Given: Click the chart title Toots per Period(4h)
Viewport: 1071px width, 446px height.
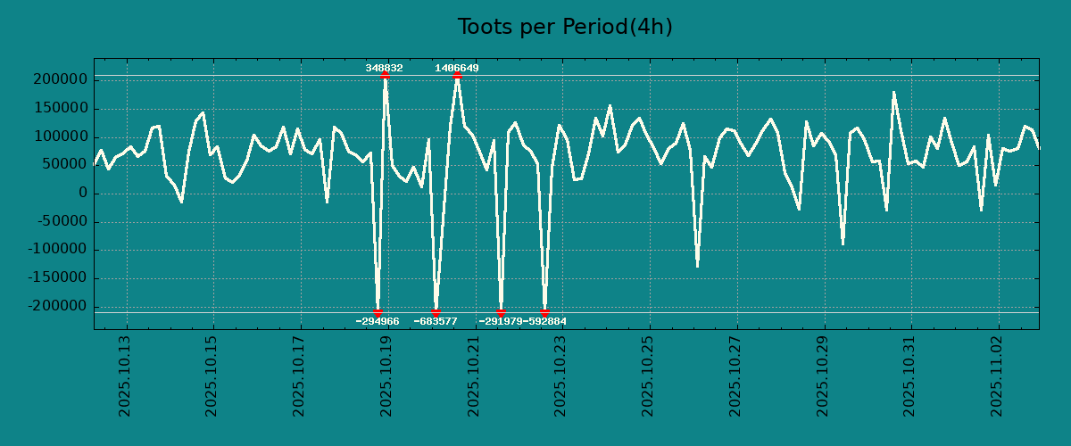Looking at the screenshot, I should click(x=565, y=28).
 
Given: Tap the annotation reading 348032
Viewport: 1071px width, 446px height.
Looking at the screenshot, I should click(x=384, y=68).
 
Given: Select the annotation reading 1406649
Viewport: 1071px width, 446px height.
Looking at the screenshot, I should click(x=457, y=68).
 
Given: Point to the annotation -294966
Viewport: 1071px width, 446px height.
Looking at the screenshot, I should click(x=378, y=321).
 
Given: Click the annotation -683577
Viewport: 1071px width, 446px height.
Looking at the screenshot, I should click(x=436, y=321).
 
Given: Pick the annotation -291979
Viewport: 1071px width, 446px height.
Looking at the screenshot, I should click(x=501, y=321).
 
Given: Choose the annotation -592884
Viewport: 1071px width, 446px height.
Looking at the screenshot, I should click(x=544, y=321).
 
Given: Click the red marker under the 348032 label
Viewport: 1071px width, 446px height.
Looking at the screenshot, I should click(x=385, y=76).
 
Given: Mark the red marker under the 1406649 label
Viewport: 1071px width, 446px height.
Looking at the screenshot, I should click(x=457, y=76).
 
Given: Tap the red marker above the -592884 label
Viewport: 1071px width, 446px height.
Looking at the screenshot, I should click(x=544, y=312).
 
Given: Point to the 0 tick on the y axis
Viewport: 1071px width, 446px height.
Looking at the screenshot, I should click(x=83, y=194).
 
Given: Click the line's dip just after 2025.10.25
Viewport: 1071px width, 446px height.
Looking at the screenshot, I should click(x=697, y=266).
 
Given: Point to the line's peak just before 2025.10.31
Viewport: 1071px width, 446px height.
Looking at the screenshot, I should click(x=893, y=92).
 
